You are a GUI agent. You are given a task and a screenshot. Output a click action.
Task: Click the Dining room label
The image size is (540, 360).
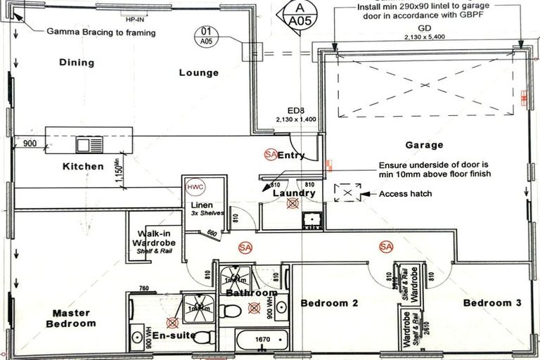click(77, 63)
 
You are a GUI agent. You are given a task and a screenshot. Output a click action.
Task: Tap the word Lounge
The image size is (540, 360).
click(198, 72)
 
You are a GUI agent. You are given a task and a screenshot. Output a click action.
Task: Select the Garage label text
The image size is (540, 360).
click(424, 146)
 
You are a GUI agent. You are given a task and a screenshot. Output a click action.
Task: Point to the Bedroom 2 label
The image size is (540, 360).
click(330, 303)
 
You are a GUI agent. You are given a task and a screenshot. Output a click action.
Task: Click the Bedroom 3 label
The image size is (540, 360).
click(492, 303)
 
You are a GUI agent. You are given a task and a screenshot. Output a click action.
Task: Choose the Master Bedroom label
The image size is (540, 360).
click(71, 319)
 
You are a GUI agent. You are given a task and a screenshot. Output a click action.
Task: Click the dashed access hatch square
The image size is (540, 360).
click(347, 193)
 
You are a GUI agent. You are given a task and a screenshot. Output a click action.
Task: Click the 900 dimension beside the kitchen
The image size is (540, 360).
click(29, 143)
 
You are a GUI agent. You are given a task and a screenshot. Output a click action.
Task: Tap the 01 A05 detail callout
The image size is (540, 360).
click(206, 36)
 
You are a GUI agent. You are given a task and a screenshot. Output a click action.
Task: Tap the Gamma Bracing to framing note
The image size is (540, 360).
click(101, 32)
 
